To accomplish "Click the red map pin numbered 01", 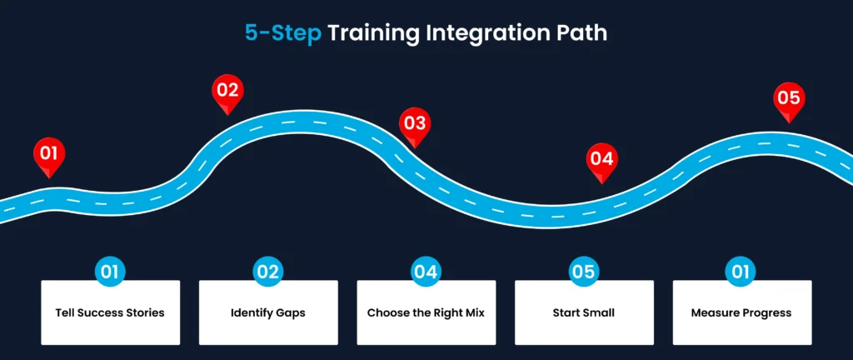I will coord(49,154).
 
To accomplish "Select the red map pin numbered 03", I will coord(413,124).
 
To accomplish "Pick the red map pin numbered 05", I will coord(788,98).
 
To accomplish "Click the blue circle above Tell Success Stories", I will coord(110,272).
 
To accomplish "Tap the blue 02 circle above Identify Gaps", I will coord(268,272).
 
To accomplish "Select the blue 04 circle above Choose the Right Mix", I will coord(426,272).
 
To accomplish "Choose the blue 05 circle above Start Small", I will coord(584,272).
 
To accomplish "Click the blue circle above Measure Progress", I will coord(741,272).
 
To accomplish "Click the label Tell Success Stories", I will coord(110,313).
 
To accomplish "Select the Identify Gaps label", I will coord(268,313).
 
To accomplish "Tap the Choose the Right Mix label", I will coord(426,313).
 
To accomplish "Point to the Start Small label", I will coord(584,313).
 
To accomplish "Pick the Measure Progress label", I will coord(741,313).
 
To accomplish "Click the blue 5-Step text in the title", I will coord(282,32).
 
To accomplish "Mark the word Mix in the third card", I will coord(473,313).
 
